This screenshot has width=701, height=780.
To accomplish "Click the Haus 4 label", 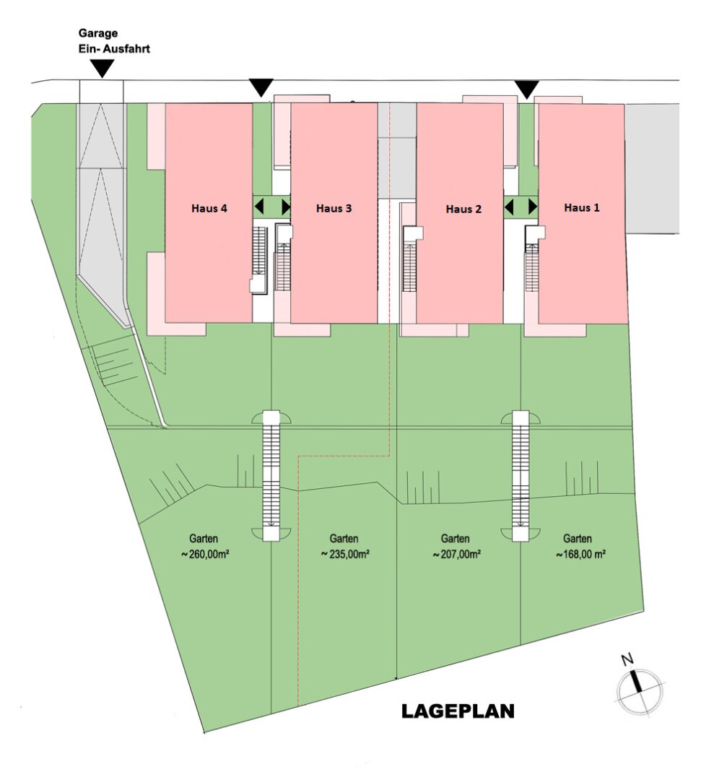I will coord(209,209).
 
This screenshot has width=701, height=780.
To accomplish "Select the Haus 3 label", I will coord(334,209).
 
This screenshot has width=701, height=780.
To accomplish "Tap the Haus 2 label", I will coord(463,209).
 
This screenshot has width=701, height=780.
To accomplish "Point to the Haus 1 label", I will coord(581,207).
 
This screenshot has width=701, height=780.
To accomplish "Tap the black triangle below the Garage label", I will coord(103,69).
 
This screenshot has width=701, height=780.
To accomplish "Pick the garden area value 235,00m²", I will coord(345,554).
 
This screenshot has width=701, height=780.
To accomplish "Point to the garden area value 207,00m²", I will coord(456,554).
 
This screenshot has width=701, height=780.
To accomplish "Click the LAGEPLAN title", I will coord(458,711).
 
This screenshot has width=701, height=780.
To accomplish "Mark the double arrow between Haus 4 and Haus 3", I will coord(271,207).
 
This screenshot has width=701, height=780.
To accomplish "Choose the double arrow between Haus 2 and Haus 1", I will coord(521,207).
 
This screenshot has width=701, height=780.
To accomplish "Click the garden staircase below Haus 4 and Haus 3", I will coord(271,476).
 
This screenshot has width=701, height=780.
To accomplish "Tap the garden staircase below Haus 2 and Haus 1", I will coord(521,476).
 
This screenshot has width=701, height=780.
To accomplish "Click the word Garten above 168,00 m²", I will coord(578,539).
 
